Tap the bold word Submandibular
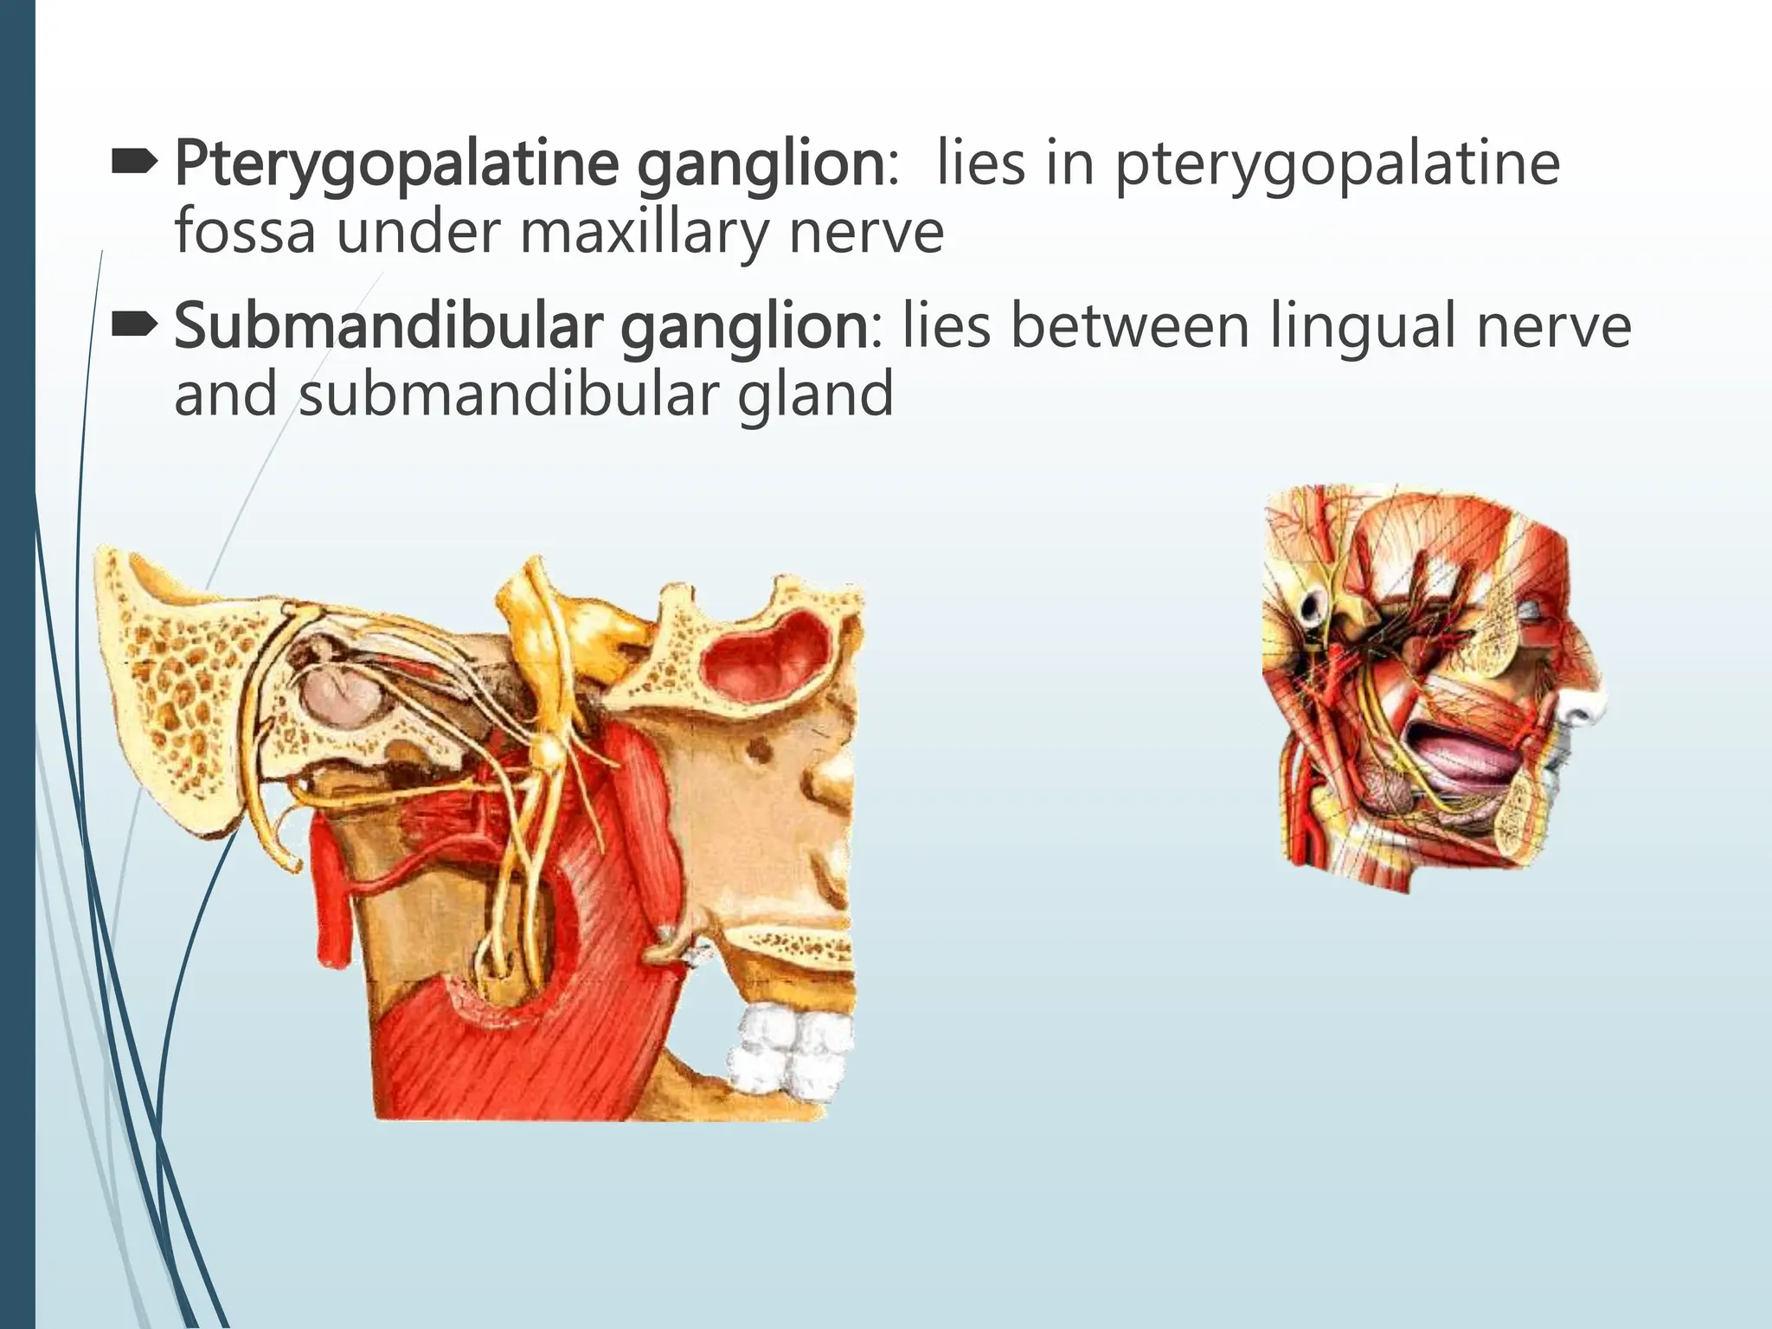coord(388,327)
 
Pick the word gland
coord(815,394)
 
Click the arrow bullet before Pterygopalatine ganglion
coord(134,159)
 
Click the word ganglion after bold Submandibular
coord(744,327)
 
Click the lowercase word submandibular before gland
coord(510,394)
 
